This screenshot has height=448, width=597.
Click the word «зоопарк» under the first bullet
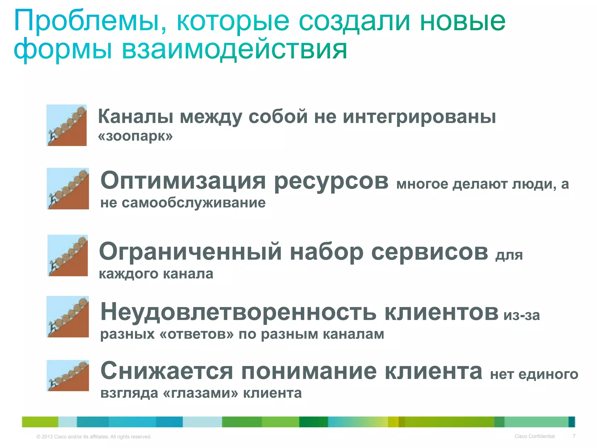coord(135,136)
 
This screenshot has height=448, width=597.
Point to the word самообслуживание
coord(194,203)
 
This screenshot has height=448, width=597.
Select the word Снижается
coord(167,371)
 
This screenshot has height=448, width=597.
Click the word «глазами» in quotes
coord(201,393)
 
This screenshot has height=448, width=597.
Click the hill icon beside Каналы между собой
coord(67,125)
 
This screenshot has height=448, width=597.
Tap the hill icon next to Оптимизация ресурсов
coord(68,188)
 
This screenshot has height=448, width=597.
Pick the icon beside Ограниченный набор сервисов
coord(68,256)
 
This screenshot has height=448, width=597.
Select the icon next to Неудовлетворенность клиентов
coord(68,317)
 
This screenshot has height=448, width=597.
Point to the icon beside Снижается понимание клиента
coord(68,376)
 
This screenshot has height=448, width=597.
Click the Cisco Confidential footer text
coord(534,436)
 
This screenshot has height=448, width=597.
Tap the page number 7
coord(574,436)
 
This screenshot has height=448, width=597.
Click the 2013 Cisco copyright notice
coord(94,437)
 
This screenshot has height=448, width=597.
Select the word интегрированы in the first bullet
coord(419,117)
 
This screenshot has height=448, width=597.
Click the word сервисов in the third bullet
coord(429,252)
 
